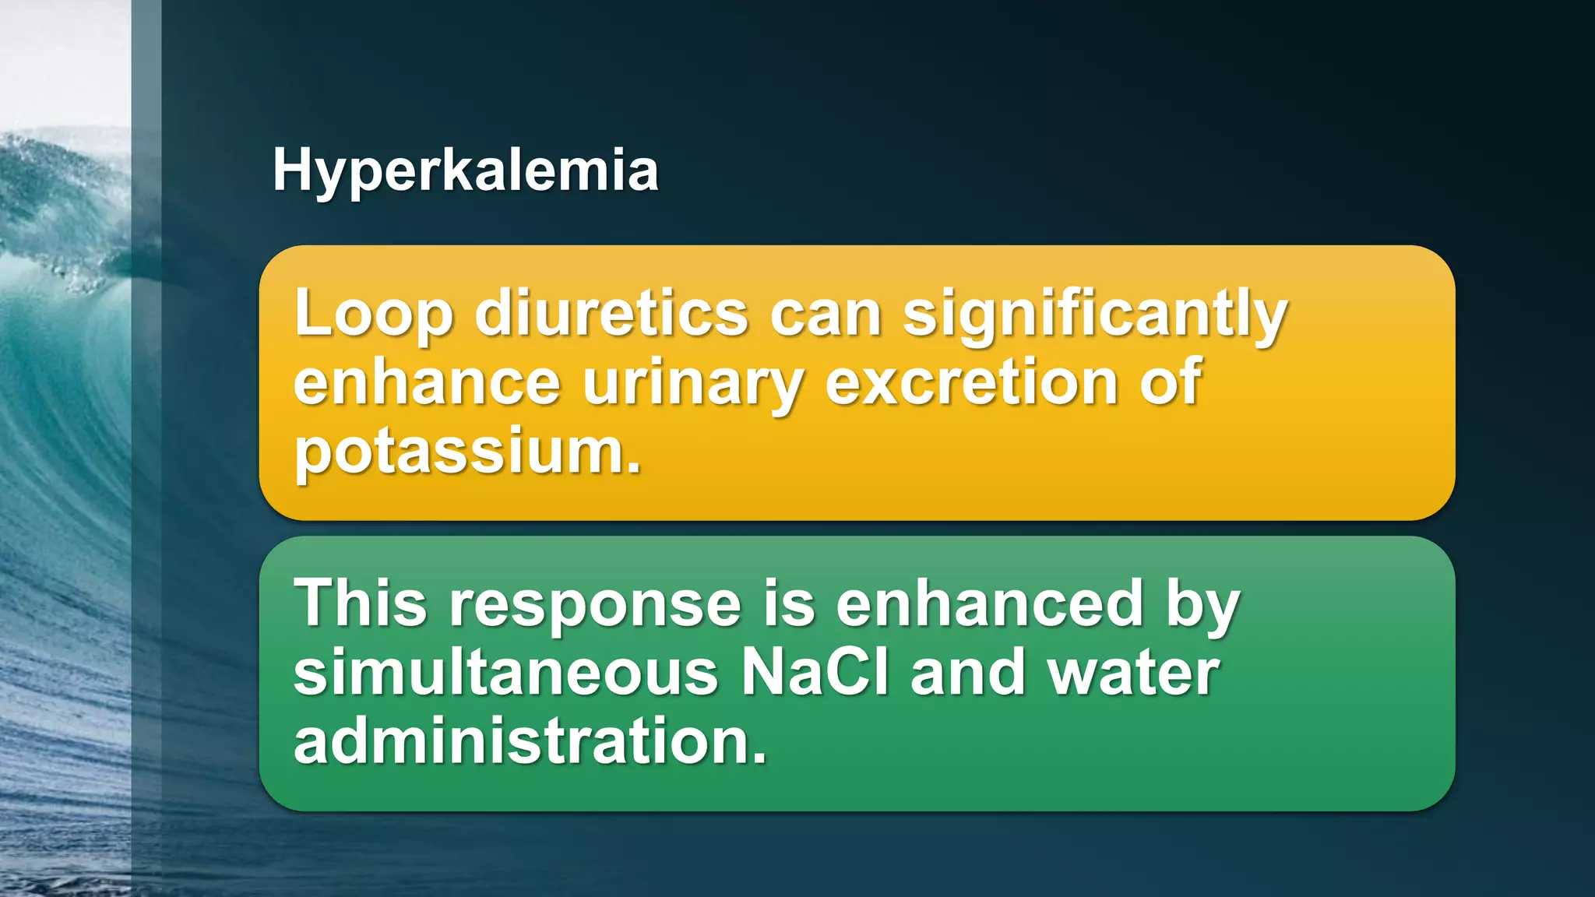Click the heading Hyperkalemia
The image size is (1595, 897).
(x=465, y=171)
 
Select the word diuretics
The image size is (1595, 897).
(x=611, y=314)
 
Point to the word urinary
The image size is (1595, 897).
(x=692, y=384)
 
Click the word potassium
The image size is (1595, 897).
(x=467, y=452)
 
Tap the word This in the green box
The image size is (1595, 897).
(x=361, y=603)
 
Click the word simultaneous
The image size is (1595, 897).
(x=505, y=673)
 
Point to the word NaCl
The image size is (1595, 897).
(x=815, y=673)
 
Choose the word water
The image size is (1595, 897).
(x=1133, y=673)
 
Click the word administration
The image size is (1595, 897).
(x=530, y=741)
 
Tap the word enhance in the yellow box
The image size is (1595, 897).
(x=427, y=382)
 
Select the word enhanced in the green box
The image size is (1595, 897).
(x=989, y=603)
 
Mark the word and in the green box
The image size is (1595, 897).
(x=968, y=673)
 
